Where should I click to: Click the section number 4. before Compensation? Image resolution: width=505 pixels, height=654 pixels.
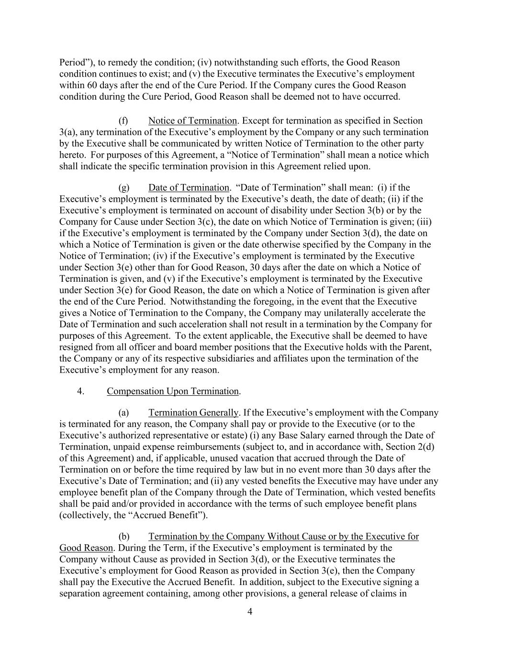tap(80, 391)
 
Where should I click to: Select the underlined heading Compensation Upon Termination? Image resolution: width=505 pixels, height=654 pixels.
tap(172, 391)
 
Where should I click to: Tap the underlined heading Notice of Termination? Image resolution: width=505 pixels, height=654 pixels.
tap(192, 121)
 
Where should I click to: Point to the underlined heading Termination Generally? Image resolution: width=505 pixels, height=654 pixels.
tap(193, 413)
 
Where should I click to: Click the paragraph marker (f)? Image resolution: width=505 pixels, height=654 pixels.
tap(123, 121)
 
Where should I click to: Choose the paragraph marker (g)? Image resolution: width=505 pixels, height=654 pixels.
tap(123, 188)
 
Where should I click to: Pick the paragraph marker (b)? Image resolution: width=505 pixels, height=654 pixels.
tap(123, 537)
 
